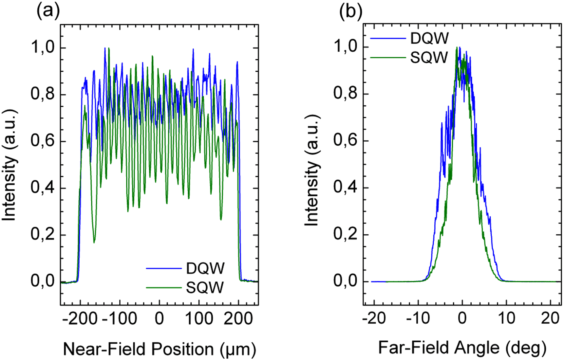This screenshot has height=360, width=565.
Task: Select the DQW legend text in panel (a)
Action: (205, 268)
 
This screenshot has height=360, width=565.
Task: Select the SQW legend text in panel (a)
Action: (205, 288)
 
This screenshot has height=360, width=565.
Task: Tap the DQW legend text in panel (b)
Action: (429, 39)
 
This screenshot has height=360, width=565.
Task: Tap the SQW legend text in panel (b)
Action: (429, 58)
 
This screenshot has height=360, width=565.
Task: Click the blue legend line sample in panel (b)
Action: (388, 39)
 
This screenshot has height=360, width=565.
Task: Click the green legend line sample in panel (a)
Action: (164, 288)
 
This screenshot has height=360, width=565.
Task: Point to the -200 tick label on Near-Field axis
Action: (80, 318)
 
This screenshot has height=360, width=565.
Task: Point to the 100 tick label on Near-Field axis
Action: (199, 318)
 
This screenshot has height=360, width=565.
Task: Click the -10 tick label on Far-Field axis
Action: (418, 318)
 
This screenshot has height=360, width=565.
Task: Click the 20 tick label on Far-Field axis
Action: (550, 318)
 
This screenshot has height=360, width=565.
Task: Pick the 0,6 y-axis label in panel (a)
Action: (43, 141)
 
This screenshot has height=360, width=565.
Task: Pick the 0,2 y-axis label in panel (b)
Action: (346, 235)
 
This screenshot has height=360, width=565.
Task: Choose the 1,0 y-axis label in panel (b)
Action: (346, 47)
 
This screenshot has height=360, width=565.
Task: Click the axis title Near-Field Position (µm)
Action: (160, 349)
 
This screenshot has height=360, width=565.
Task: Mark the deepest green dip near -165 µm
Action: (94, 243)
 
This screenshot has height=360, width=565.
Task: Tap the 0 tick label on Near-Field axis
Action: (159, 318)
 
